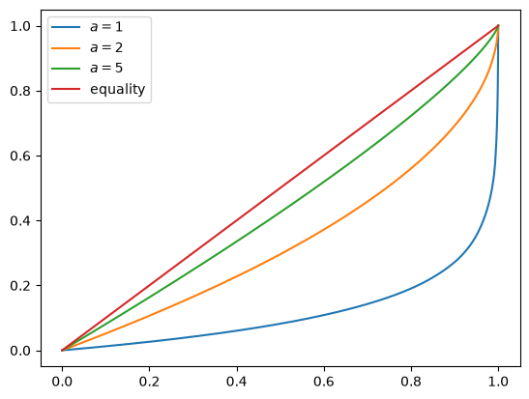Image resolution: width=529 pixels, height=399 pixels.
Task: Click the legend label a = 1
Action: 106,27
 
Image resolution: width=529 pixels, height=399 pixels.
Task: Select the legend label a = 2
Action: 106,47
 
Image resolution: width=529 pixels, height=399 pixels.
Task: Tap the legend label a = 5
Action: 106,68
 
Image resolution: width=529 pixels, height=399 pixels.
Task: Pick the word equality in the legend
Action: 117,89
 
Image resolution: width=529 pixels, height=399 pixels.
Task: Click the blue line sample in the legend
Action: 66,27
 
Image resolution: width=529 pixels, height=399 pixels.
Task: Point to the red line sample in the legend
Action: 66,89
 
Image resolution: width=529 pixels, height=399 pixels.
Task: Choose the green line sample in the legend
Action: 66,69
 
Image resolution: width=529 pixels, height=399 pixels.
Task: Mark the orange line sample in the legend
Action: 66,48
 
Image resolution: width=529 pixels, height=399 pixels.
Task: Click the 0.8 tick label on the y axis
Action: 21,92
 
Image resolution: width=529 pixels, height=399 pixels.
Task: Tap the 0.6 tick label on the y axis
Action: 21,157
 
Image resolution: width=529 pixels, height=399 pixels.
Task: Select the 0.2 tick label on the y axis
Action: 21,286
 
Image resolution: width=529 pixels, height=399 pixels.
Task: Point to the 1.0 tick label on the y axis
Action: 21,27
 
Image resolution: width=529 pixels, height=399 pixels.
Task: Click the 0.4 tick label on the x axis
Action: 237,382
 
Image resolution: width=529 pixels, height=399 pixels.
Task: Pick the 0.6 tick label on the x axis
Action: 324,382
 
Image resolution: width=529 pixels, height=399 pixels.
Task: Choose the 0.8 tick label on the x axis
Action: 411,382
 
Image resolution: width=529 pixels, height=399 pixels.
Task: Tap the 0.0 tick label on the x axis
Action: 62,382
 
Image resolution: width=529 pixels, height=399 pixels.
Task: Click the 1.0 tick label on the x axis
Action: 498,382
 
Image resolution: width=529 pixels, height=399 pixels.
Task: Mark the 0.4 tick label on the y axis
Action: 21,221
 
